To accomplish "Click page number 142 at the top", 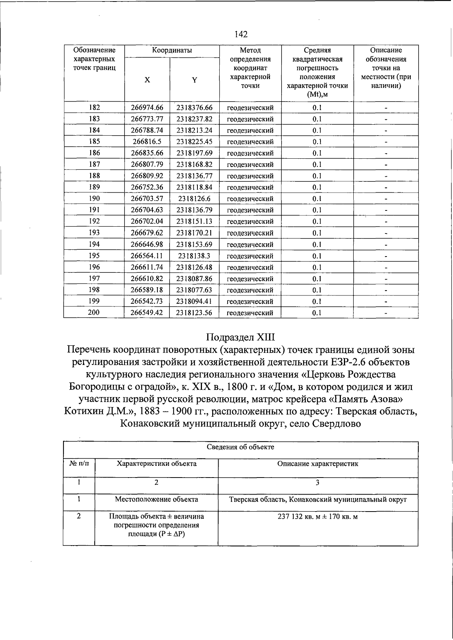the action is point(241,34).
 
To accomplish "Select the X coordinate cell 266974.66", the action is point(147,108).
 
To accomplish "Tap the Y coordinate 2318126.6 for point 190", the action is point(194,199).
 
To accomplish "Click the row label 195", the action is point(94,256).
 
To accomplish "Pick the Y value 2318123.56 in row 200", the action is point(194,313).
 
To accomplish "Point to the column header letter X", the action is point(147,80).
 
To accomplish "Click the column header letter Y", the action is point(194,80).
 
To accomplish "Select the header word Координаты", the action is point(172,50).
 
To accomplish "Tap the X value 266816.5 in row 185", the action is point(147,142).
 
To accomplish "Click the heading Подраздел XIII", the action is point(241,337).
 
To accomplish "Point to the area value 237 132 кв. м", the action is point(298,516).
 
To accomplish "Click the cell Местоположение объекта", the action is point(156,499).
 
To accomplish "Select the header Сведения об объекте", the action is point(240,447).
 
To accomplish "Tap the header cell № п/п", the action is point(79,464).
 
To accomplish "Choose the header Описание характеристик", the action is point(317,464).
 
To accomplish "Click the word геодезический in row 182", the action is point(250,108).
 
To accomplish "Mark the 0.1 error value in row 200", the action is point(317,313).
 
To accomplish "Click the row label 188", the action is point(94,176).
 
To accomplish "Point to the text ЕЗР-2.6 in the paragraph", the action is point(346,362).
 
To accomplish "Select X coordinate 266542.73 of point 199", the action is point(147,301).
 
